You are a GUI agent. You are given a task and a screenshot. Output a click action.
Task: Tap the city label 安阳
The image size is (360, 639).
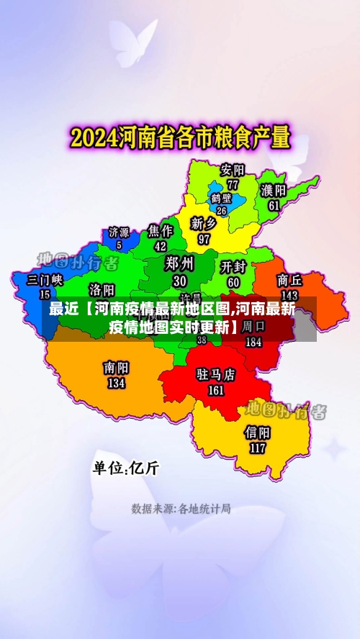tap(233, 171)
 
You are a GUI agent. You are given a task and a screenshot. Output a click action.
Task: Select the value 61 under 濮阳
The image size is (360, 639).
tap(274, 205)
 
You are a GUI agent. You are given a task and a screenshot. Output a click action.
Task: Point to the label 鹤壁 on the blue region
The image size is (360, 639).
tap(221, 197)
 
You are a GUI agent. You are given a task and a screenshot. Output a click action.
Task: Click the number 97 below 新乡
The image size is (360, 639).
tap(204, 239)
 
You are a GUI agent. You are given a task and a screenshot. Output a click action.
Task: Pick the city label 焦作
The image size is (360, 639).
tap(160, 230)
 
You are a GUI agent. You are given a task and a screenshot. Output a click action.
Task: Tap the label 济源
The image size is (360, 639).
tap(119, 232)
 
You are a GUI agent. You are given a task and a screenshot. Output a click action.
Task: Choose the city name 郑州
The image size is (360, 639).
tap(179, 263)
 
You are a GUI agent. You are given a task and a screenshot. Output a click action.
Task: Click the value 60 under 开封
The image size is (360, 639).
tap(233, 283)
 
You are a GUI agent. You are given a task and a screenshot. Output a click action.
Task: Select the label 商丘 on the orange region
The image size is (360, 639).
tap(289, 280)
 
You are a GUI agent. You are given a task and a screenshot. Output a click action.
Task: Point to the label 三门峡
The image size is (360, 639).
tap(45, 280)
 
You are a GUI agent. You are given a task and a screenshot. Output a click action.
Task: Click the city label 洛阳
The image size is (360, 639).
tap(102, 289)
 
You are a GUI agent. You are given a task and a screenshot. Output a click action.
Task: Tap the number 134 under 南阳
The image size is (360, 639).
tap(116, 384)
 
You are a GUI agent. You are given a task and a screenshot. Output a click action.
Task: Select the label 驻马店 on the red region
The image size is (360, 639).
tap(216, 375)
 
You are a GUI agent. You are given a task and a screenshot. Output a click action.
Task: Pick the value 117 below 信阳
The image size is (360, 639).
tap(257, 448)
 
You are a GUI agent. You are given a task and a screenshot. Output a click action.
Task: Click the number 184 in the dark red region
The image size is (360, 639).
tap(253, 343)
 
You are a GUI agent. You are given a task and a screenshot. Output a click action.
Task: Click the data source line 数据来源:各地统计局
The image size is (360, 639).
tap(181, 509)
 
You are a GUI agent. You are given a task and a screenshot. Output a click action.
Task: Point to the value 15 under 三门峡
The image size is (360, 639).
tap(45, 294)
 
